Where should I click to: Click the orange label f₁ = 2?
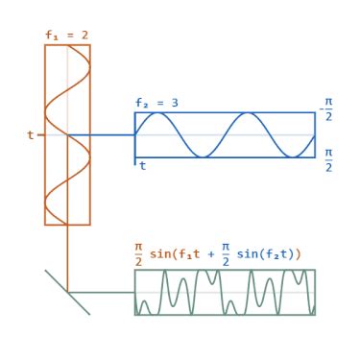(x=66, y=36)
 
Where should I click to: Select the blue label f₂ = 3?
(x=156, y=103)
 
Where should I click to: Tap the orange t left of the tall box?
(x=30, y=135)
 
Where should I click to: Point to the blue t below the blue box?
(x=143, y=166)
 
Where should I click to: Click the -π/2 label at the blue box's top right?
(x=327, y=108)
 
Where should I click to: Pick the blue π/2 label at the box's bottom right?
(x=329, y=159)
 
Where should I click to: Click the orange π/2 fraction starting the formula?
(x=139, y=253)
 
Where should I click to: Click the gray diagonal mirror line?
(x=67, y=292)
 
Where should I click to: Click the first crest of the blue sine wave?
(x=157, y=114)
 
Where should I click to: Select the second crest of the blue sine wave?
(x=248, y=114)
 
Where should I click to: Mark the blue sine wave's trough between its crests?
(x=203, y=156)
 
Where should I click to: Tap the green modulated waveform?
(x=225, y=292)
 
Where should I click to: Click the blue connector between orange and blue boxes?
(x=110, y=135)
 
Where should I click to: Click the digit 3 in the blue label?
(x=174, y=103)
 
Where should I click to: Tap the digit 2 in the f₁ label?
(x=84, y=36)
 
